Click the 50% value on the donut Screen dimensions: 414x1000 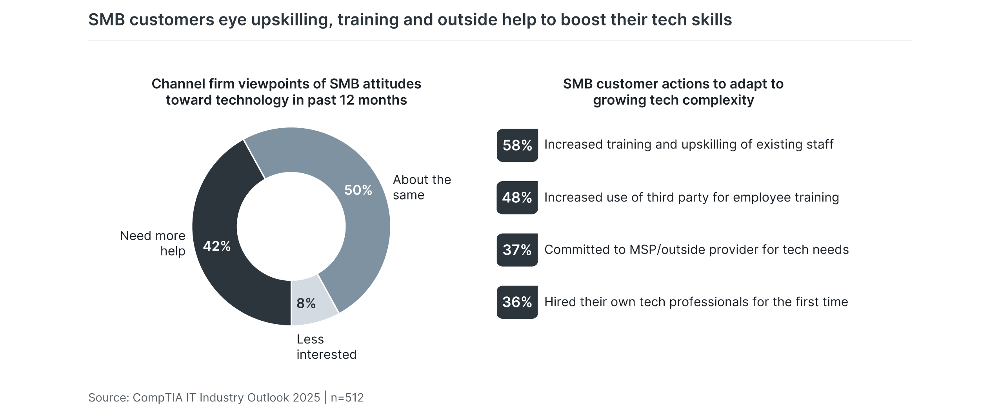358,190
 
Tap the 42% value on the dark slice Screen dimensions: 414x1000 216,246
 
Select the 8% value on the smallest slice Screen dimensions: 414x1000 306,303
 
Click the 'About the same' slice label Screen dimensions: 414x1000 422,187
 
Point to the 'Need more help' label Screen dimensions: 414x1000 153,243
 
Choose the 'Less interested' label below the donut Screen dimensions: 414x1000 326,347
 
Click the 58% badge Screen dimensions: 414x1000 517,145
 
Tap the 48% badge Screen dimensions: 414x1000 517,198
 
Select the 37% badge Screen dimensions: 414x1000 517,250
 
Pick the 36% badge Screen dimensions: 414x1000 517,302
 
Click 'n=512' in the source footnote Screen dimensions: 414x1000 347,398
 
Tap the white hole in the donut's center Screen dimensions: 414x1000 291,226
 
